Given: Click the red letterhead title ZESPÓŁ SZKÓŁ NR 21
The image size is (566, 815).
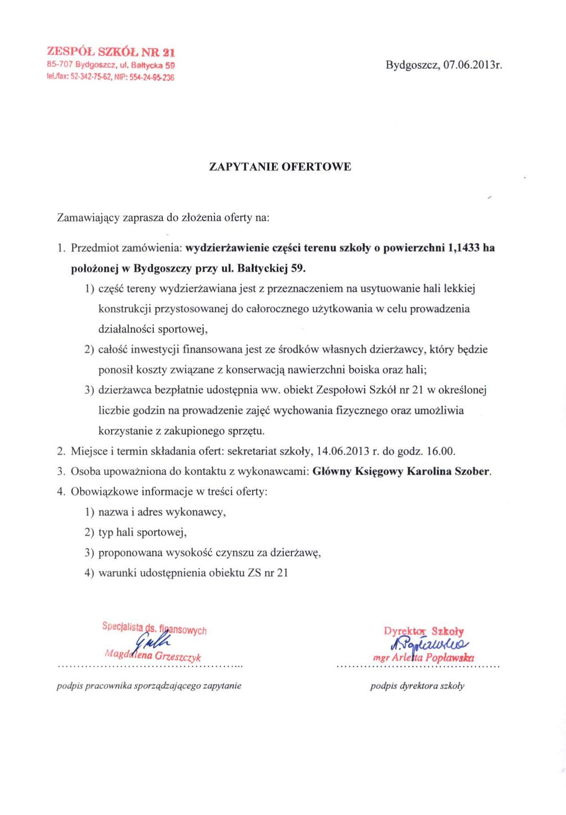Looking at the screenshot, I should pos(111,52).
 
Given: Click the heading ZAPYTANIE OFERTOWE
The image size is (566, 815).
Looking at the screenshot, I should pos(280,167).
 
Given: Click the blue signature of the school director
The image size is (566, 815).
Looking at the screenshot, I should pos(427,644).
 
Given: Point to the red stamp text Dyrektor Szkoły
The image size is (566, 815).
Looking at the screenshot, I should pos(424,631).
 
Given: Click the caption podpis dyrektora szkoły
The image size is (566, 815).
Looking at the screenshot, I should pos(417,686).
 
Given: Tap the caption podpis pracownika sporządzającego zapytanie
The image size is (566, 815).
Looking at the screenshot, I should pos(149,686).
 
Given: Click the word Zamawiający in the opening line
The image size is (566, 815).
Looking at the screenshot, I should pos(88,218).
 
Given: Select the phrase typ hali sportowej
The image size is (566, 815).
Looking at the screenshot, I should pos(142,532).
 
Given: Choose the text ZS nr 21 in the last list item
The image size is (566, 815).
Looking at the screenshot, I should pos(267,573).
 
